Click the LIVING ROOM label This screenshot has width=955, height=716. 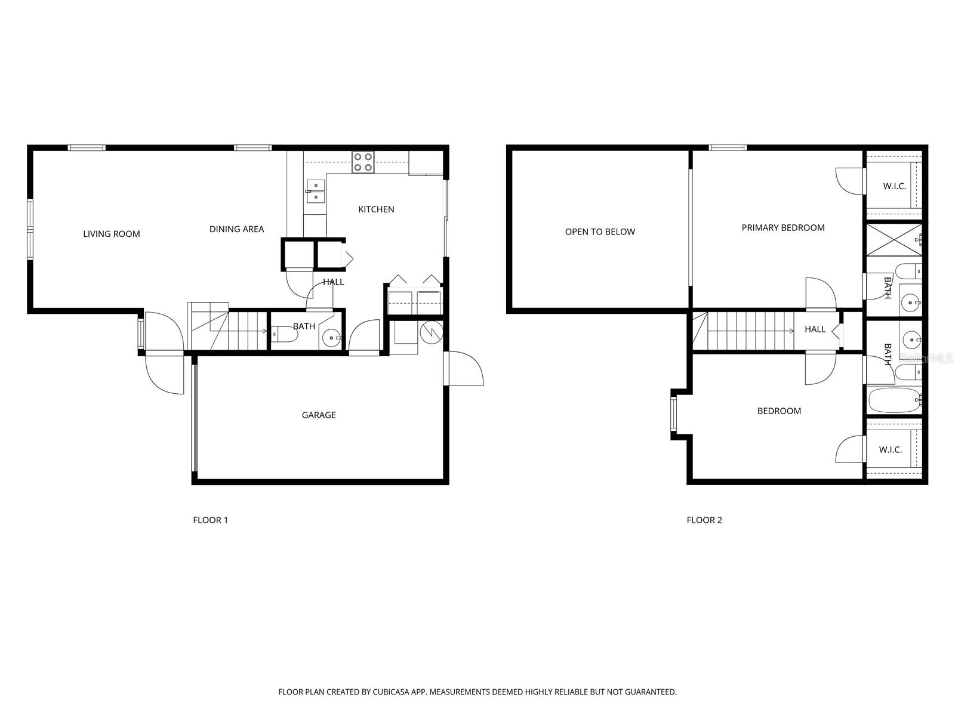click(112, 234)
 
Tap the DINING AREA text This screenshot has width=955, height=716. click(236, 229)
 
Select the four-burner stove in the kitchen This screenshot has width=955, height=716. click(363, 162)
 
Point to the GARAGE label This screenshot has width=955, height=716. click(319, 415)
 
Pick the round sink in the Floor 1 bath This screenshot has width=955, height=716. click(331, 338)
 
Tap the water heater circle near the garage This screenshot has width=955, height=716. click(431, 333)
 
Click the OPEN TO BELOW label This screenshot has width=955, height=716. click(600, 232)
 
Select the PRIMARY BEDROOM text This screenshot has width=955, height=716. click(783, 228)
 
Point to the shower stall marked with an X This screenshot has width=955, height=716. click(893, 239)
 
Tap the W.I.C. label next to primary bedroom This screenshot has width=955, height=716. click(895, 186)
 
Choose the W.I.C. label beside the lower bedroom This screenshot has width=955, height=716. click(891, 450)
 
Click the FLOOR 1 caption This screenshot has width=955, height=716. click(210, 520)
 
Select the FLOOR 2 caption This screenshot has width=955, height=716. click(704, 520)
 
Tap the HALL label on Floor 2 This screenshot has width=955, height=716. click(815, 329)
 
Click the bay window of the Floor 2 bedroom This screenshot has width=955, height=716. click(674, 414)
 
